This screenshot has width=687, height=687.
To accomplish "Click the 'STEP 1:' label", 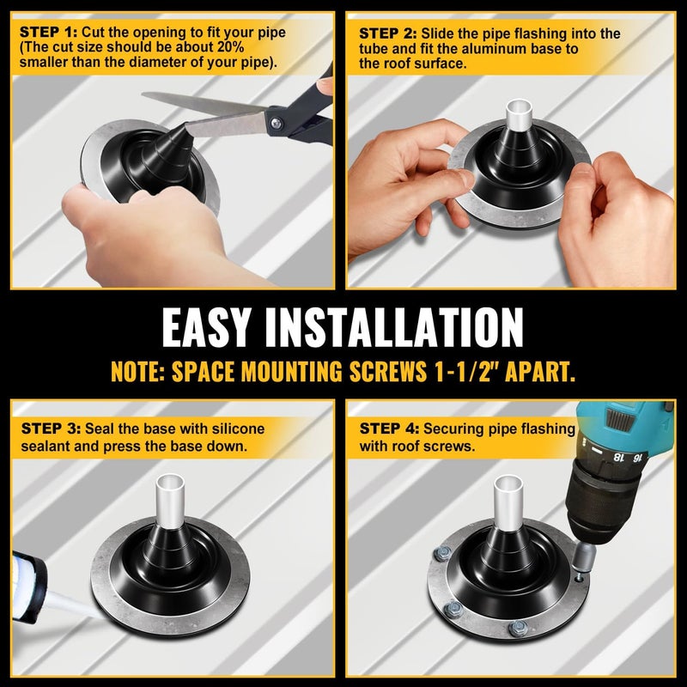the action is click(49, 33).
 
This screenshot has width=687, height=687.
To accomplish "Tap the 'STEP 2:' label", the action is click(388, 33).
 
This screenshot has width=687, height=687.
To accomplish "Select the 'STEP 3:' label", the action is click(51, 428).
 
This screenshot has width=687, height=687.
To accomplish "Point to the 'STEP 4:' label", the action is click(389, 428).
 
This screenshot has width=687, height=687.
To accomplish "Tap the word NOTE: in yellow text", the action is click(137, 372).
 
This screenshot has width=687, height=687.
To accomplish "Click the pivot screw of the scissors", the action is click(276, 124).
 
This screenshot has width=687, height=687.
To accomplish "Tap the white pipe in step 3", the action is click(170, 501).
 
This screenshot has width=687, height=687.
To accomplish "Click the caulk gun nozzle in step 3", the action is click(70, 605).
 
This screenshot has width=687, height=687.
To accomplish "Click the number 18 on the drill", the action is click(618, 457).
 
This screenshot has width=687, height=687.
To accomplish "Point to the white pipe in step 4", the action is click(508, 500).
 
